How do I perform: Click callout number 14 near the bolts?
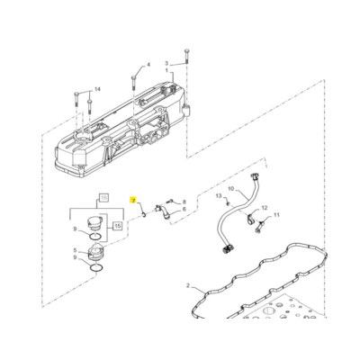click(98, 87)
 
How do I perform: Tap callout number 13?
click(218, 195)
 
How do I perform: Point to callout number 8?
click(184, 202)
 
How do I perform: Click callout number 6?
click(184, 209)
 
